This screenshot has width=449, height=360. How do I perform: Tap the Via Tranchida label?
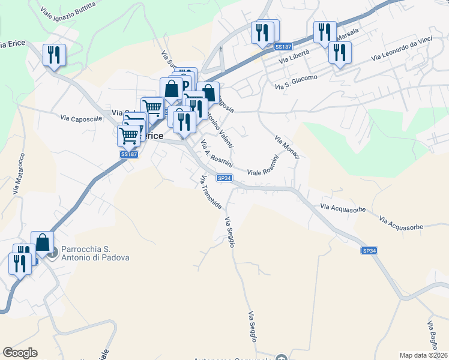pos(211,192)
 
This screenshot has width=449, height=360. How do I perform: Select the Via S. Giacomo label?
pos(296,83)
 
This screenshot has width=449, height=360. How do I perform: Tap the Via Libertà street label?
pos(294,57)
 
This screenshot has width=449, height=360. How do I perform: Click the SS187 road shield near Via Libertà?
pos(283,47)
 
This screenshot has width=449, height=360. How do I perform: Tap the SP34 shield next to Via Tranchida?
pos(224,178)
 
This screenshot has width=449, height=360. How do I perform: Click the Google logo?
pos(20,353)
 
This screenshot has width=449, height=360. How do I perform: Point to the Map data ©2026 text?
pos(423,355)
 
